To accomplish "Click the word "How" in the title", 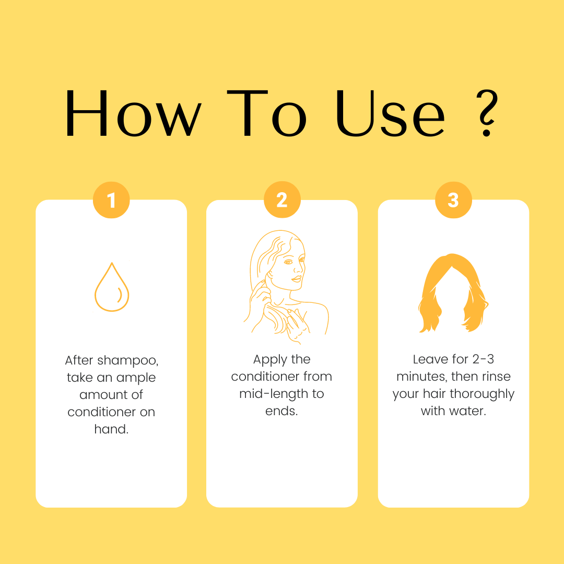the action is coord(134,113).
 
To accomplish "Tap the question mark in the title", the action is coord(488,113).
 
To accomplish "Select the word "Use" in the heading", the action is coord(391,113).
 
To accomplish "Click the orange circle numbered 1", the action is coord(112,200).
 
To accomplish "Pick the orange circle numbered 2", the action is coord(282,199).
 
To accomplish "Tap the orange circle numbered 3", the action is coord(453,200).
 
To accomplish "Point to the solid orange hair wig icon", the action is coord(453,293).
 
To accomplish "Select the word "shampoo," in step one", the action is coord(128,360).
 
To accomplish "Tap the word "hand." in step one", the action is coord(112,429).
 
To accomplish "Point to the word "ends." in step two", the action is coord(281,411).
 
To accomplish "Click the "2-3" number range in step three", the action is coord(483,359).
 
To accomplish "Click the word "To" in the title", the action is coord(267,113).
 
